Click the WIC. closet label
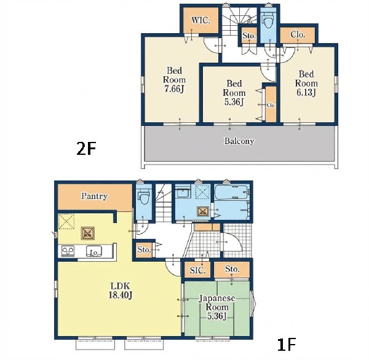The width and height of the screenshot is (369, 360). [x=200, y=20]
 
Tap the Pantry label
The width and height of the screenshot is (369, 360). [x=94, y=196]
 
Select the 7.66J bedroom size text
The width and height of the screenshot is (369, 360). [x=175, y=89]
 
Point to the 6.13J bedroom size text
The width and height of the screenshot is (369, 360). [x=306, y=92]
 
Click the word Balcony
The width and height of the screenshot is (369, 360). [x=239, y=141]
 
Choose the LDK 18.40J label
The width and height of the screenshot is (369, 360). [x=121, y=291]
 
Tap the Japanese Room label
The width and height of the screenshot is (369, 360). [x=217, y=303]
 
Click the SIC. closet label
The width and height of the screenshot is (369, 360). [x=197, y=270]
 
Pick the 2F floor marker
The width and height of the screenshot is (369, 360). [x=86, y=149]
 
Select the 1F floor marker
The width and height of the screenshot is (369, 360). [x=286, y=345]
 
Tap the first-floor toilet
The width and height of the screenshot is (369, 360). [x=144, y=196]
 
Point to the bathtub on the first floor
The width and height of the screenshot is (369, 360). [x=232, y=192]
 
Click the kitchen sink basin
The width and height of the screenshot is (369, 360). [x=94, y=251]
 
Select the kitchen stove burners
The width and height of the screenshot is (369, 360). [x=68, y=251]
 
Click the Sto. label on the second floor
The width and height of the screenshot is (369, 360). [x=249, y=36]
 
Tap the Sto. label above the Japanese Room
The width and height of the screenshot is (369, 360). [x=232, y=268]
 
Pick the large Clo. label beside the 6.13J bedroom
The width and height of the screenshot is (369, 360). [x=298, y=34]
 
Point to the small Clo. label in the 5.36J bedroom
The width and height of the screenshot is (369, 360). [x=271, y=105]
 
